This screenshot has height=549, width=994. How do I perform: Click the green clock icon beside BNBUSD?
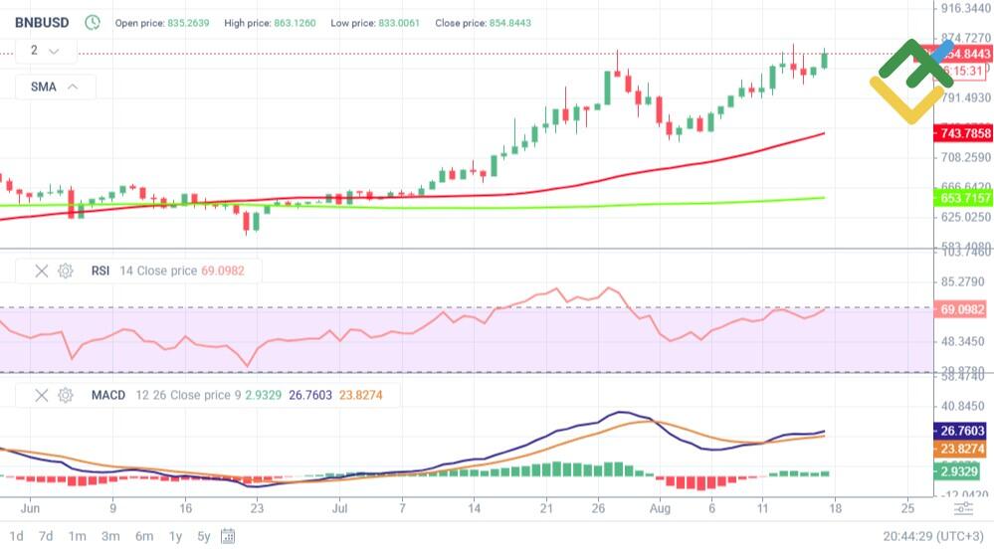(93, 21)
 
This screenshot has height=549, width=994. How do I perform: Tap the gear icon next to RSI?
(66, 271)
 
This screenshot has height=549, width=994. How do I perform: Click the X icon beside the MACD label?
(42, 395)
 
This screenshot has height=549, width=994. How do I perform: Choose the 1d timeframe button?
(17, 536)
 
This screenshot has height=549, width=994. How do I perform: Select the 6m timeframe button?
(144, 536)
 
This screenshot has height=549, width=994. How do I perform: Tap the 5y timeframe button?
(204, 536)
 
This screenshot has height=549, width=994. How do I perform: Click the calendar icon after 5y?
(228, 536)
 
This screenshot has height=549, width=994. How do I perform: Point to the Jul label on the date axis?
(340, 507)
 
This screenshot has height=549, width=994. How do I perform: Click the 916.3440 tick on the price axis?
(965, 8)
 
